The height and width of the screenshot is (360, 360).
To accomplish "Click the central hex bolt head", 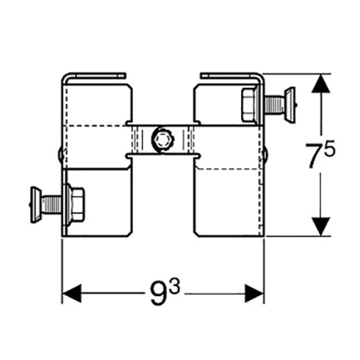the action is click(162, 139).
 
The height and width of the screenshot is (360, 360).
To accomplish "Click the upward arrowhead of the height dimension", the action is click(320, 84).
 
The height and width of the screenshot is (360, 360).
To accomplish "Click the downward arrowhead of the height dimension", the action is click(320, 226).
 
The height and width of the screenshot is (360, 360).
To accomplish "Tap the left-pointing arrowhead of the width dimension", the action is click(72, 293).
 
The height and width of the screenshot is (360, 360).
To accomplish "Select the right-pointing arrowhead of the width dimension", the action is click(254, 293).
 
